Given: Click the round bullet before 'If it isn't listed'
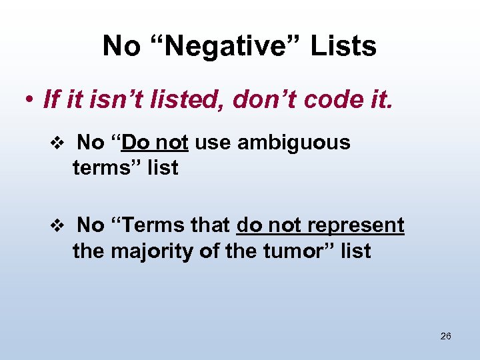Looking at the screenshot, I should pyautogui.click(x=29, y=101).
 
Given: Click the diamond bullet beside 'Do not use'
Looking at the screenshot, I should pyautogui.click(x=57, y=143).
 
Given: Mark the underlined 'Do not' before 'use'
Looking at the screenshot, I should pyautogui.click(x=155, y=142).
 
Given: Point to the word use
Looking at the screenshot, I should pyautogui.click(x=213, y=142).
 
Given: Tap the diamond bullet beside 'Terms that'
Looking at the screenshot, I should pyautogui.click(x=57, y=226).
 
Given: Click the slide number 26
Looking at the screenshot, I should pyautogui.click(x=446, y=336).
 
